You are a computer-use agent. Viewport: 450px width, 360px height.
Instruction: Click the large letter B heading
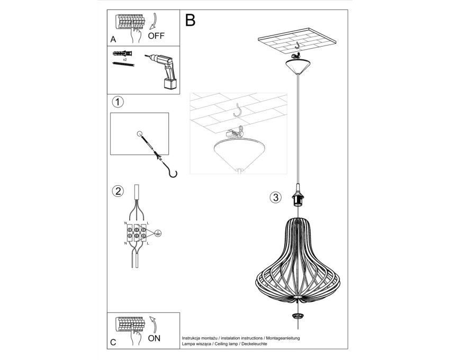(x=190, y=21)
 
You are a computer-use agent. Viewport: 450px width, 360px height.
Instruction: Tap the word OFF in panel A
(x=156, y=36)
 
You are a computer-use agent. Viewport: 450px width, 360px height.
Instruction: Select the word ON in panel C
(x=154, y=338)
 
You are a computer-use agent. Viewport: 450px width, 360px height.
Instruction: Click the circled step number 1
(x=118, y=102)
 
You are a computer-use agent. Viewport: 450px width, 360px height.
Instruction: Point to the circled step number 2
(x=118, y=191)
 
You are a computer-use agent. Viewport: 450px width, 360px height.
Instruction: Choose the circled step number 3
(x=276, y=197)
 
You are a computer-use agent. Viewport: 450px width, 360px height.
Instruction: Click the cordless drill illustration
(x=162, y=70)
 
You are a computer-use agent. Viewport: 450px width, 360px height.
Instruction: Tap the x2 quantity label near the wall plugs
(x=125, y=59)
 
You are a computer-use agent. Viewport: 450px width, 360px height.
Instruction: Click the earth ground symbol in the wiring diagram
(x=158, y=233)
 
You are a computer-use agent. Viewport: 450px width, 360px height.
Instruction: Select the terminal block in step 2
(x=137, y=232)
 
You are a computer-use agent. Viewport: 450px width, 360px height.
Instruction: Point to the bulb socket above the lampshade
(x=298, y=197)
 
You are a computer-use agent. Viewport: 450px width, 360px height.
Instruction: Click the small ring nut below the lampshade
(x=298, y=316)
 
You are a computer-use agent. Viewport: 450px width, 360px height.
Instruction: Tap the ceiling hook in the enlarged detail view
(x=238, y=111)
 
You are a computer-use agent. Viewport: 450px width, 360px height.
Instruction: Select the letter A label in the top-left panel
(x=113, y=40)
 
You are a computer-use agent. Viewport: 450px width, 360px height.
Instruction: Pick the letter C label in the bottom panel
(x=113, y=343)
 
